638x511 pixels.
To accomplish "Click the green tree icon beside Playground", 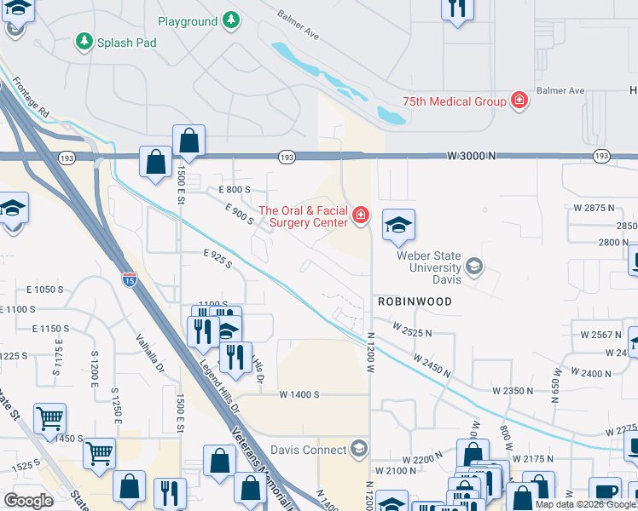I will [x=230, y=20].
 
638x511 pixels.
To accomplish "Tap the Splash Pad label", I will [x=126, y=41].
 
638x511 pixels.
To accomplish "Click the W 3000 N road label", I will [x=470, y=156].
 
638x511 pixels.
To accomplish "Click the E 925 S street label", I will [x=217, y=259].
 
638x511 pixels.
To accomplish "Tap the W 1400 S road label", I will [x=299, y=394].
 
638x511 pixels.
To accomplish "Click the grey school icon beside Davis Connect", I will [x=358, y=449].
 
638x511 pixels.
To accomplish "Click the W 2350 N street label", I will [x=513, y=390].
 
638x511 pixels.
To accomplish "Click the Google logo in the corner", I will [x=28, y=501].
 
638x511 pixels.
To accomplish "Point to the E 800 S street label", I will [x=234, y=189].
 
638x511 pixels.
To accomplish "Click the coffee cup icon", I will [x=606, y=491].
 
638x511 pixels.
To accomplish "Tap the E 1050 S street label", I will [x=50, y=290].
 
